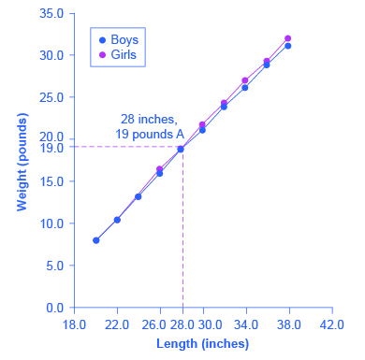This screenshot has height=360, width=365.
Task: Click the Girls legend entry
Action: (x=118, y=56)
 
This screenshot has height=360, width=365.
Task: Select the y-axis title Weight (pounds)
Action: (x=21, y=160)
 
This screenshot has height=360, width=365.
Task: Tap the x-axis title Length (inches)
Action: (x=202, y=343)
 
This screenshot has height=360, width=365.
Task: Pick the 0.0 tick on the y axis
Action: (x=54, y=307)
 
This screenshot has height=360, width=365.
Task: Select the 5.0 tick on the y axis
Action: (x=54, y=266)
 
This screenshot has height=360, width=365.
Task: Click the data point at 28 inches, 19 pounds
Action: (x=182, y=149)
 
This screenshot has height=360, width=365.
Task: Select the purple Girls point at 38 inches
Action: (x=288, y=38)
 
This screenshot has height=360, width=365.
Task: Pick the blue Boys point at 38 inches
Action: (x=288, y=46)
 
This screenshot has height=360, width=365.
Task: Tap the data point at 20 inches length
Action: (x=95, y=240)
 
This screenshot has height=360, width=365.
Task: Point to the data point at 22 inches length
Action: (x=117, y=220)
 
